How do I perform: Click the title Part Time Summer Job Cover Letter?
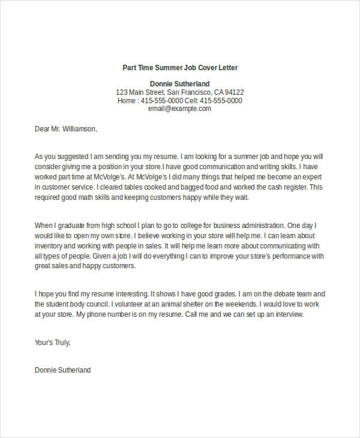[x=180, y=67]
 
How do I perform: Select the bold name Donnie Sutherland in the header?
[x=179, y=83]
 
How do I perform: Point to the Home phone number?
[x=160, y=101]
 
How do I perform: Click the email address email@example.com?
[x=179, y=109]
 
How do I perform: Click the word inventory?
[x=50, y=246]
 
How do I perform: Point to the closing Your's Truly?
[x=53, y=343]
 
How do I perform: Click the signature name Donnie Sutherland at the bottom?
[x=63, y=370]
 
